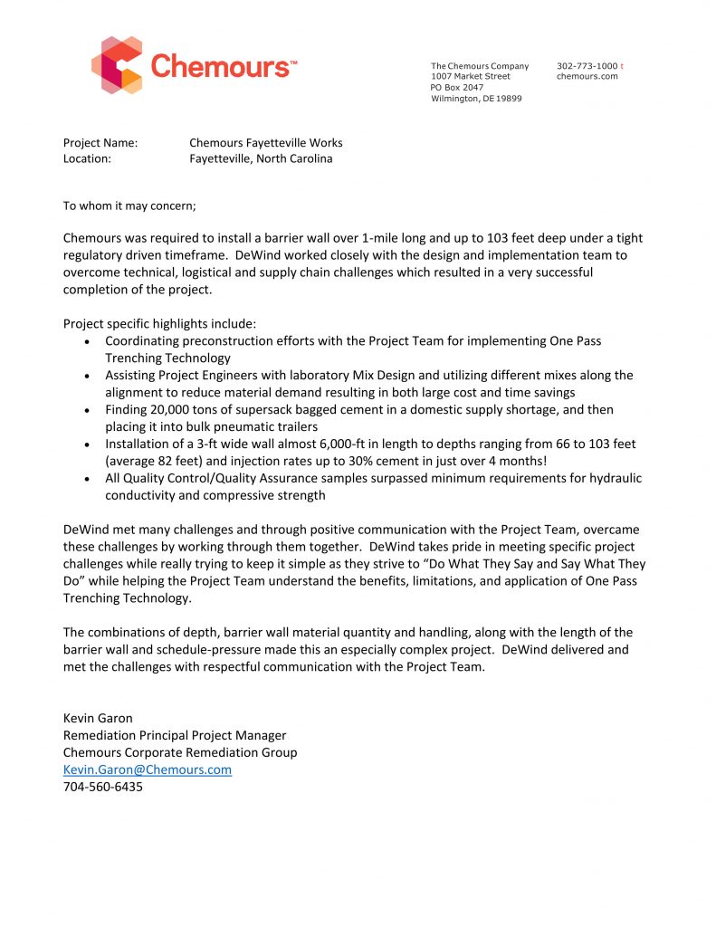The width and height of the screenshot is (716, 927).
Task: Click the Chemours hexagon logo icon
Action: (118, 64)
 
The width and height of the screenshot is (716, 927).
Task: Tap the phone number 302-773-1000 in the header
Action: (587, 66)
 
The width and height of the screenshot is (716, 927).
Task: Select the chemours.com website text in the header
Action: (587, 77)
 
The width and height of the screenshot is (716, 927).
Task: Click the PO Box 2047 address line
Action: (457, 88)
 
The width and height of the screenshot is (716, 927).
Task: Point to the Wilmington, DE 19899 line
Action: (476, 99)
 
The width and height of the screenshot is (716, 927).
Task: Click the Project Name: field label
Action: (100, 143)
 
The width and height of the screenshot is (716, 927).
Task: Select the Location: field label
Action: (87, 158)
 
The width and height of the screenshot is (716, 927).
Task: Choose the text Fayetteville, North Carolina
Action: (261, 158)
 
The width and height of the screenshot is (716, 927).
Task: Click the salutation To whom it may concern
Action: (129, 205)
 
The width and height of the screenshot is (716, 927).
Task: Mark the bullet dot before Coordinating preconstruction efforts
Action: (86, 342)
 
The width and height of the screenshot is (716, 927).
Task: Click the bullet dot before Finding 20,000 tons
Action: (86, 411)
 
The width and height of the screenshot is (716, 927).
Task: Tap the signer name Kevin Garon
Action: (98, 719)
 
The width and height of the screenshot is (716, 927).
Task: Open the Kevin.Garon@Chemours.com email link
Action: (147, 769)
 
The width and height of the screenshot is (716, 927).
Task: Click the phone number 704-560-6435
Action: (102, 787)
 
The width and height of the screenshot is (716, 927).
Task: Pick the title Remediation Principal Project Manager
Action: (175, 735)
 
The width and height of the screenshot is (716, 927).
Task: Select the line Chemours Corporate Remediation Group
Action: (180, 752)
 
